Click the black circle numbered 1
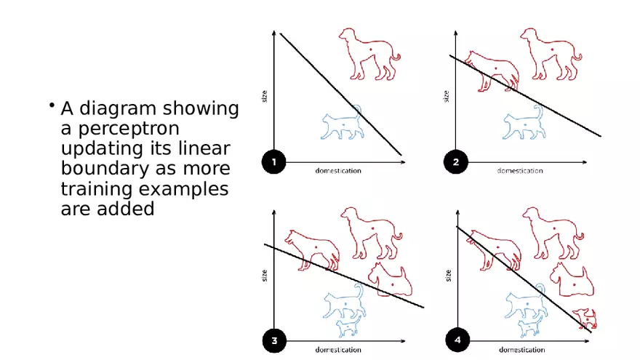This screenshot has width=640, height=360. (273, 163)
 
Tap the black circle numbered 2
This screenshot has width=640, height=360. (456, 163)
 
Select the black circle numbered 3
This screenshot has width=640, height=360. (273, 340)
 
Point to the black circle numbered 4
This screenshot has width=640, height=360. (456, 340)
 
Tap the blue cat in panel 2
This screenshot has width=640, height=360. (523, 124)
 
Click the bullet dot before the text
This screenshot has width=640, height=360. (52, 106)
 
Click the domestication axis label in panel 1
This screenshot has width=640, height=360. (337, 171)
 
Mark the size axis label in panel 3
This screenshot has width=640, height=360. (265, 275)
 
